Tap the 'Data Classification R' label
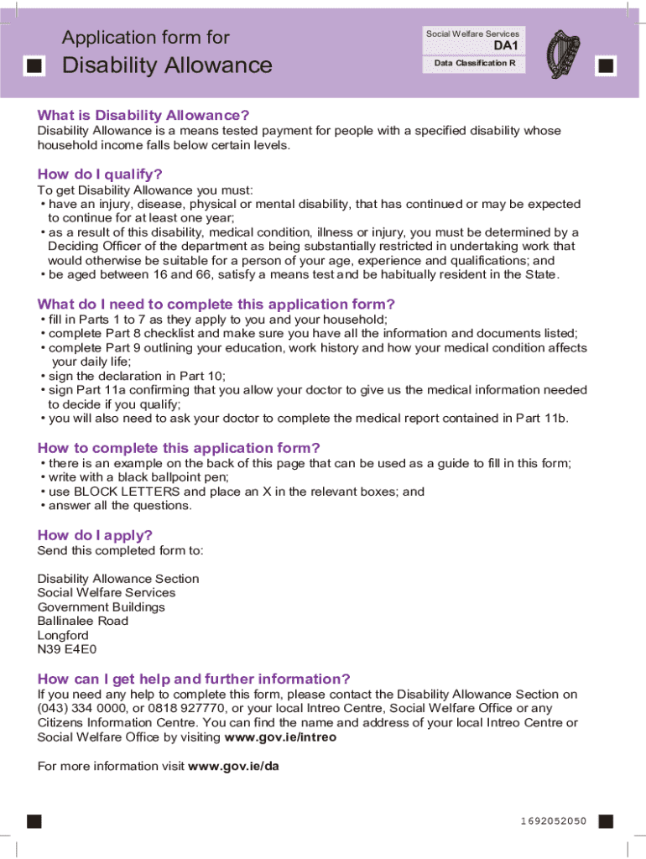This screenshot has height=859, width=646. click(475, 64)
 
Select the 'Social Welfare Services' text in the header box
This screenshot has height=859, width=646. click(473, 34)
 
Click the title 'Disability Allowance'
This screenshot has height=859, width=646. click(168, 65)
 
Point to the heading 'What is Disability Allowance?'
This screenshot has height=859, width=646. click(143, 115)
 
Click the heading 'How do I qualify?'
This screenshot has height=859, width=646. click(100, 174)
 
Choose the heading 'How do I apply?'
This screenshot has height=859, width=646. click(95, 535)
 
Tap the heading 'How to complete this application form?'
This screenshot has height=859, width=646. click(179, 448)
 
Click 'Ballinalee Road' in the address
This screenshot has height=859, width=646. click(83, 621)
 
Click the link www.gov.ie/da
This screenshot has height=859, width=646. click(234, 766)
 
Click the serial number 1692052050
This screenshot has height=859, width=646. click(548, 820)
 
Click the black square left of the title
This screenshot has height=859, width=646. click(34, 66)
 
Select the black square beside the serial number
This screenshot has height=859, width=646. click(606, 820)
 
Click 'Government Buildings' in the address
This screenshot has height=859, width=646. click(101, 607)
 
